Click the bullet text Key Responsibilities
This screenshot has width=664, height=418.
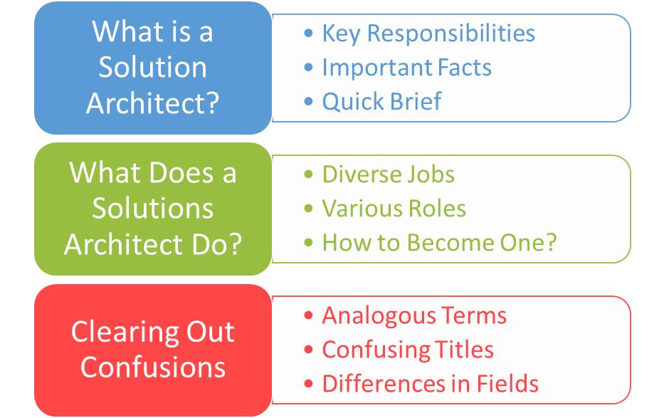[x=428, y=33]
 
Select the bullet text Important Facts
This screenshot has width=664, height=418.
[x=406, y=68]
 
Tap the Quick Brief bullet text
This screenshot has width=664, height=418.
[x=381, y=101]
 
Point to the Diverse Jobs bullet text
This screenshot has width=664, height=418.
[x=388, y=174]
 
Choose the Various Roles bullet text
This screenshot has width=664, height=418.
[x=394, y=209]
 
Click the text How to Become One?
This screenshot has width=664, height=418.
[x=439, y=242]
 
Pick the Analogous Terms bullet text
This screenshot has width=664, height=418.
[x=414, y=315]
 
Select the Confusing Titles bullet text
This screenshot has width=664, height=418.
[x=408, y=350]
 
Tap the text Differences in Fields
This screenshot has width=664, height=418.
[x=430, y=384]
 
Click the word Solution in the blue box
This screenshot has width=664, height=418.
[x=152, y=67]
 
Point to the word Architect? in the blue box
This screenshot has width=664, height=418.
[x=152, y=103]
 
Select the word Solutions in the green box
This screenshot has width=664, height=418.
[x=152, y=209]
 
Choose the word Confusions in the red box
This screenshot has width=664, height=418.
[x=152, y=367]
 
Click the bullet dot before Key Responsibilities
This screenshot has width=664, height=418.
[x=308, y=34]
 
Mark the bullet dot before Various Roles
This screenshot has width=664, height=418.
[x=308, y=209]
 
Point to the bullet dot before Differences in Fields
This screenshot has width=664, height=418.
[x=308, y=385]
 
